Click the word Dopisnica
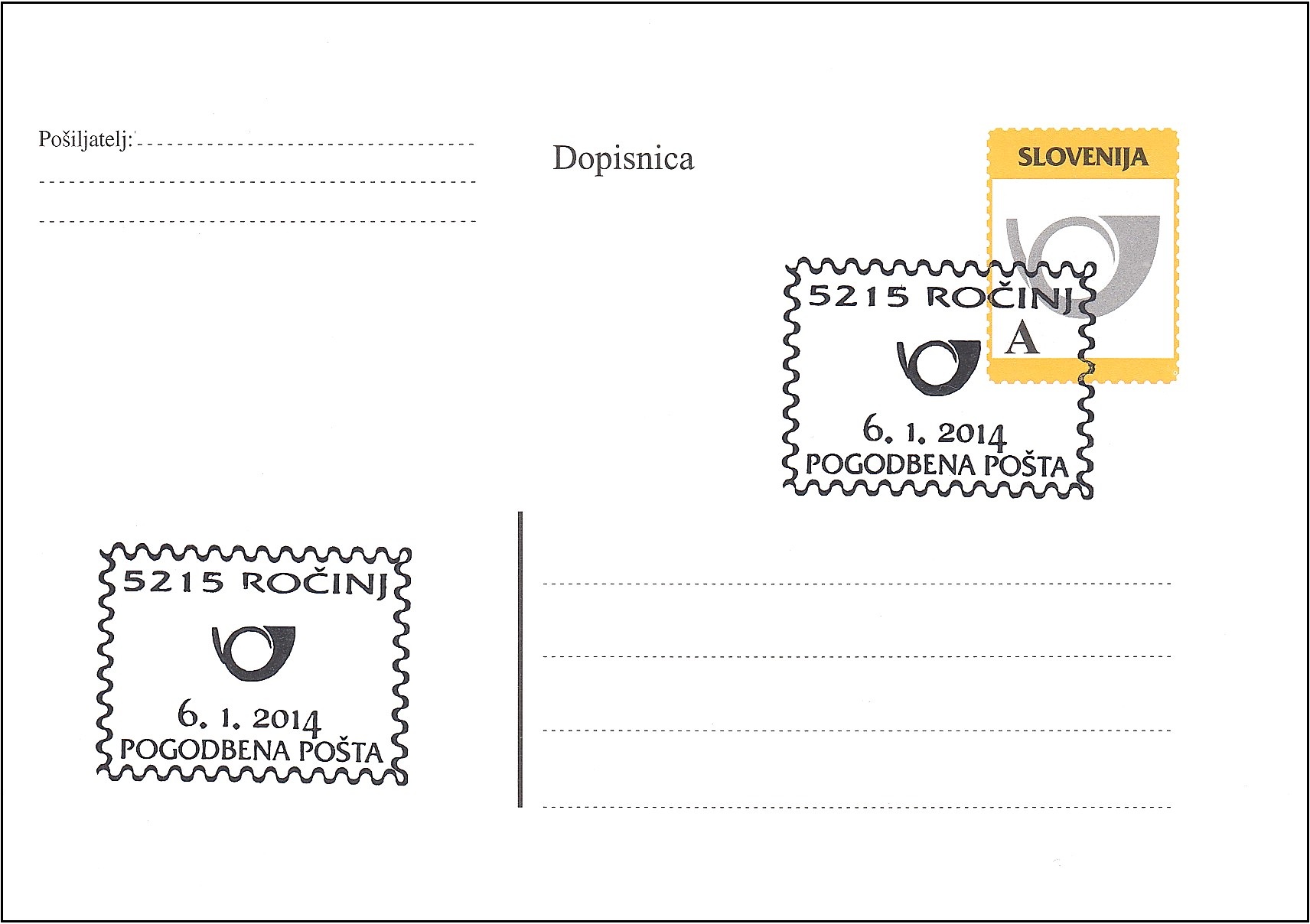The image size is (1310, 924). [623, 158]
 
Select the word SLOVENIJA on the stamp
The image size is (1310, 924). [1082, 157]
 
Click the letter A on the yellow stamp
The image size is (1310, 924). [1022, 337]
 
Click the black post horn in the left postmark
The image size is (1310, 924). [253, 652]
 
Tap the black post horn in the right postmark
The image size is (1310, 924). [938, 366]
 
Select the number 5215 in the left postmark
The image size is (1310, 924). [173, 581]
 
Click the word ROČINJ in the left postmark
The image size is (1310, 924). [314, 583]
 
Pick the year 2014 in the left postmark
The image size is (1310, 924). [286, 720]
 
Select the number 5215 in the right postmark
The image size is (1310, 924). [859, 296]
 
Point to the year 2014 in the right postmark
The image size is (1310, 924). [972, 434]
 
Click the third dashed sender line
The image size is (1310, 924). [257, 221]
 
